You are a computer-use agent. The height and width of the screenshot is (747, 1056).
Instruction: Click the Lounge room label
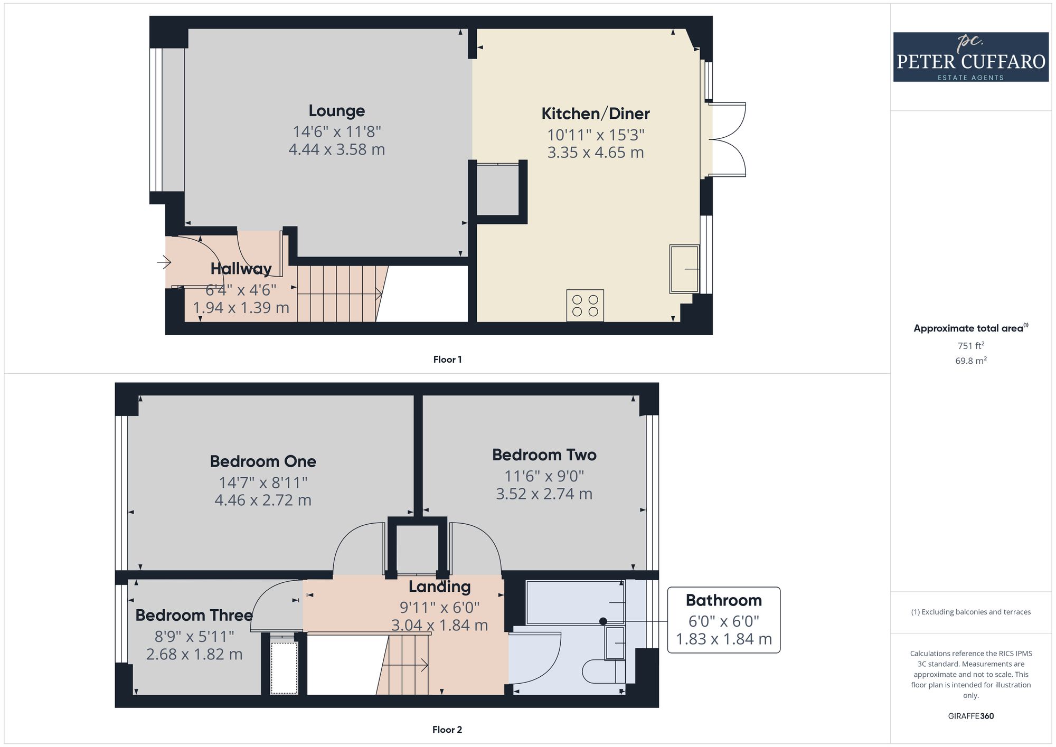337,111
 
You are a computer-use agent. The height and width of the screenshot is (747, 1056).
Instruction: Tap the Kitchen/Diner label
596,114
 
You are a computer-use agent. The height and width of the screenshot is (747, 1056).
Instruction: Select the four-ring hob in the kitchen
585,306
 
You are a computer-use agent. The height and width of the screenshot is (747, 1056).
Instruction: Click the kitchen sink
684,269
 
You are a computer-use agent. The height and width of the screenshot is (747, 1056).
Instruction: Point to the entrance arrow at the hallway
164,261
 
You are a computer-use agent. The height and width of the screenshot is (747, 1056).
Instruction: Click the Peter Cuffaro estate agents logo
970,57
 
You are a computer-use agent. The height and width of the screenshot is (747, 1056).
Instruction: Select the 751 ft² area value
971,346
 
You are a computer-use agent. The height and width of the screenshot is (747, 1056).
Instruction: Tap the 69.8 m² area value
971,361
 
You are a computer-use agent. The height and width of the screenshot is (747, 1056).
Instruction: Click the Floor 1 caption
447,360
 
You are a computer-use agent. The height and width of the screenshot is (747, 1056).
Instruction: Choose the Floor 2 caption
447,730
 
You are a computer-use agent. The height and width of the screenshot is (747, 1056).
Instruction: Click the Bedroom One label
263,461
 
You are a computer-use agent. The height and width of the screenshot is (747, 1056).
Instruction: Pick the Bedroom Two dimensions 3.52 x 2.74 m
544,494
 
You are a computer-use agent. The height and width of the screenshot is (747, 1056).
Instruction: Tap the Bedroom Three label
194,616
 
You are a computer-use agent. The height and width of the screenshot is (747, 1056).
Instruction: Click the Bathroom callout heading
724,600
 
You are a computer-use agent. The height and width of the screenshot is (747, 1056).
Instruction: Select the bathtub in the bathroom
576,602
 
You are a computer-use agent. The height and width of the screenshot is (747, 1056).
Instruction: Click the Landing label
439,587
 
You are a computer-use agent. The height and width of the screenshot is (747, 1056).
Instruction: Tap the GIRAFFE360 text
971,716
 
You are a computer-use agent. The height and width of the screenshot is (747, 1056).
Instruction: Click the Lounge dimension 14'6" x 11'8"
337,131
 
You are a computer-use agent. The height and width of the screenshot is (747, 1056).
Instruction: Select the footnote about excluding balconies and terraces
971,612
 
